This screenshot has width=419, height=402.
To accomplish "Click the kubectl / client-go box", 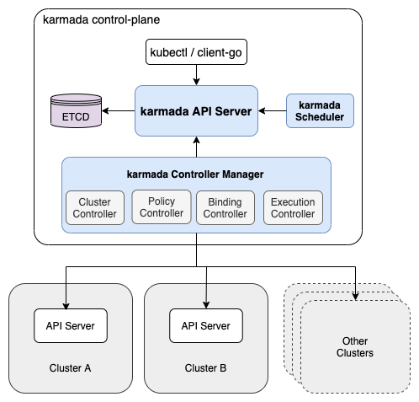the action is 196,52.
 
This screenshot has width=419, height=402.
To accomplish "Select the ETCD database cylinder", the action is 76,110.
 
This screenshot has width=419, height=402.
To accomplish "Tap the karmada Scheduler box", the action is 320,110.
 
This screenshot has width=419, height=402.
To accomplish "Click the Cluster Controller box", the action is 95,207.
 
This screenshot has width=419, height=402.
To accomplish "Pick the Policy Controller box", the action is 162,207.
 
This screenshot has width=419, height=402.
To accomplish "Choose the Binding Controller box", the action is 225,207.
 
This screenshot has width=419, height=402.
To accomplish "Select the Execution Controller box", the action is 293,207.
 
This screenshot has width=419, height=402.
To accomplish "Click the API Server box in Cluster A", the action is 71,325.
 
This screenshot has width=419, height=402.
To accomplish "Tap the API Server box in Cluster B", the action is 206,325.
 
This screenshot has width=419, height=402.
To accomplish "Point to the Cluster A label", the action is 70,367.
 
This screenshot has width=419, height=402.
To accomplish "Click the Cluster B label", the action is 205,367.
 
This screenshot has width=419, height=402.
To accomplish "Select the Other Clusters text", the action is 355,347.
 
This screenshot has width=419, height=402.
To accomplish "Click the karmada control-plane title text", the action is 101,19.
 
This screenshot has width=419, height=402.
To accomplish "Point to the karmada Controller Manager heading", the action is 195,174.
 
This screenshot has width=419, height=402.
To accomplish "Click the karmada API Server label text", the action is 196,111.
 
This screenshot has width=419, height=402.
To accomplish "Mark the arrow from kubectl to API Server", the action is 196,75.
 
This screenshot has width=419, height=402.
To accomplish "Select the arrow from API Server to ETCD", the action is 119,110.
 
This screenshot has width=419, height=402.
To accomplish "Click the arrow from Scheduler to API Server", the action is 273,110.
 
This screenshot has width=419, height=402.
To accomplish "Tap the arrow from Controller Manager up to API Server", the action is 196,147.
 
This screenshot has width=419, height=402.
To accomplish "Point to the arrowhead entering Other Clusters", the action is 355,297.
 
